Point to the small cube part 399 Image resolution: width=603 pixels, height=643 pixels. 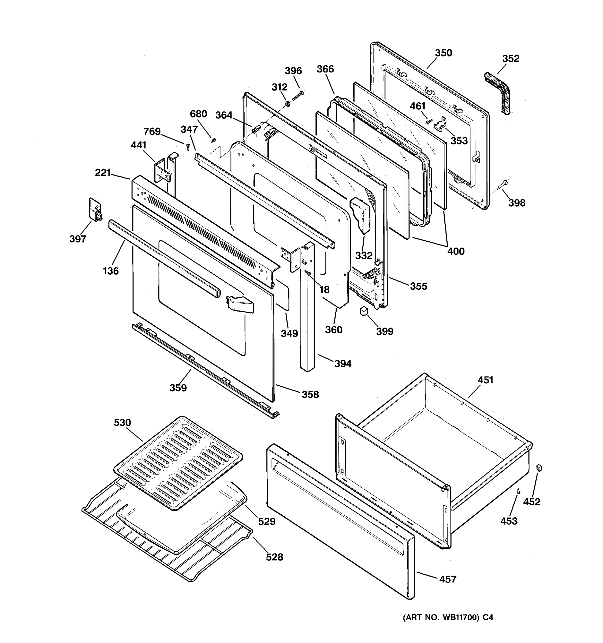[364, 311]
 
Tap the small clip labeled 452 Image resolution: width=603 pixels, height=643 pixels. [539, 468]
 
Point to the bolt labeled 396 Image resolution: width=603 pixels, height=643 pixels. [298, 96]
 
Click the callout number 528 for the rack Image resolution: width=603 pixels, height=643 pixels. [274, 557]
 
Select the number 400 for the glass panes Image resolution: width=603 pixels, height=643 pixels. [456, 251]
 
